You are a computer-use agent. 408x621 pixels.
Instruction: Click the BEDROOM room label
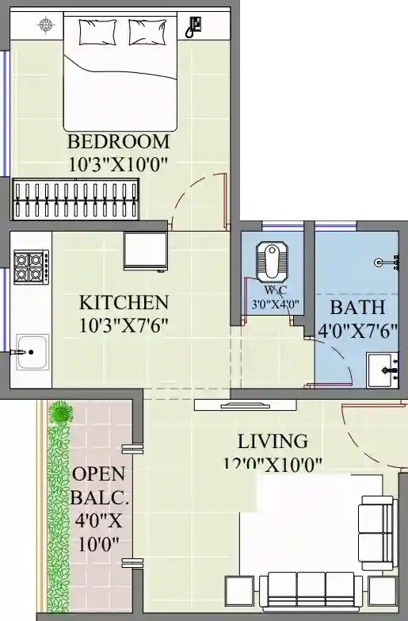point(119,142)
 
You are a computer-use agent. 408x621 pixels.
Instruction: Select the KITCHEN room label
point(124,302)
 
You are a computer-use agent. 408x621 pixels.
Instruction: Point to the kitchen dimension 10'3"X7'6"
point(124,324)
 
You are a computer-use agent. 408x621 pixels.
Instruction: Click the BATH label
point(357,307)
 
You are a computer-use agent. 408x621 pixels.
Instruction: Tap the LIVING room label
point(273,441)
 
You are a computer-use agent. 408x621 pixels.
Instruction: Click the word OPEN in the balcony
point(98,473)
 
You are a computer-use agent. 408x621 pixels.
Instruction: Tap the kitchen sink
point(32,351)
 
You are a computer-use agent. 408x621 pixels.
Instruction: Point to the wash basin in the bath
point(382,370)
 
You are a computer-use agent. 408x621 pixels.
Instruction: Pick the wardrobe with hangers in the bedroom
point(75,198)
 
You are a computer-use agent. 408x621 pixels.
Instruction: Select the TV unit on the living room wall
point(245,405)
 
